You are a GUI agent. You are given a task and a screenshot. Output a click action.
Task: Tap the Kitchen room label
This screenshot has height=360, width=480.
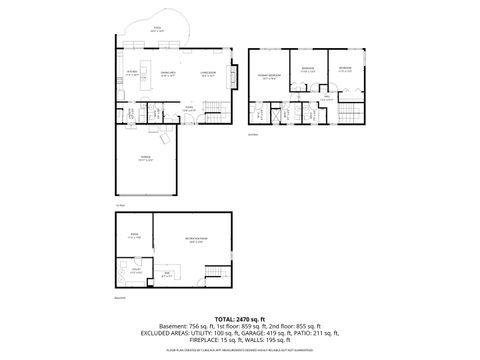[x=131, y=73]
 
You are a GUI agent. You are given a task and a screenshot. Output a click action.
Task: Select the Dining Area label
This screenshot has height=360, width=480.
[x=169, y=73]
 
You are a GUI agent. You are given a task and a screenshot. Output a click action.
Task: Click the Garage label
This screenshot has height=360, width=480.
[x=145, y=158]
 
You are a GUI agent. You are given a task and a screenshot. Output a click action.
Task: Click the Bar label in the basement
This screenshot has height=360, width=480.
[x=167, y=273]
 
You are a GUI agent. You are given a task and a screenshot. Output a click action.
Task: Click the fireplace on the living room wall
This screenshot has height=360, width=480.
[x=236, y=74]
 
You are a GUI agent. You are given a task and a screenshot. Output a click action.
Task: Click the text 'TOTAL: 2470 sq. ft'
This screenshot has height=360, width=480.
[x=240, y=316]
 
